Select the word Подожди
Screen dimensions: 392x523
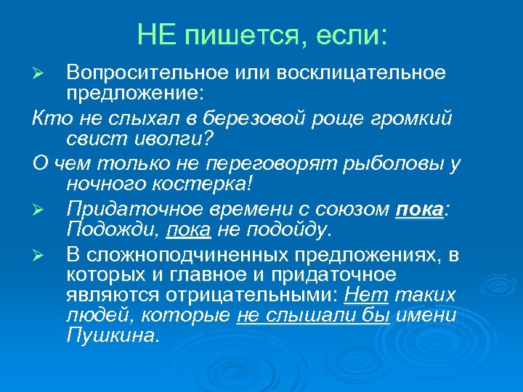click(112, 230)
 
